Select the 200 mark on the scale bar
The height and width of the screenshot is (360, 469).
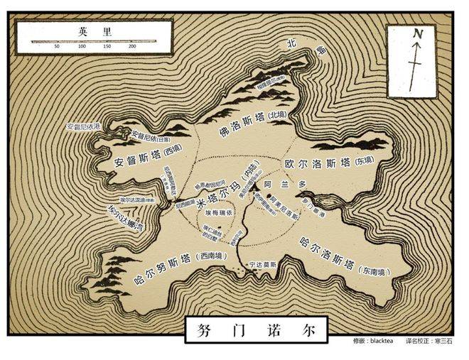pyautogui.click(x=133, y=46)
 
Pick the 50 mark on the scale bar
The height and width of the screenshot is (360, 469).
pyautogui.click(x=57, y=46)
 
